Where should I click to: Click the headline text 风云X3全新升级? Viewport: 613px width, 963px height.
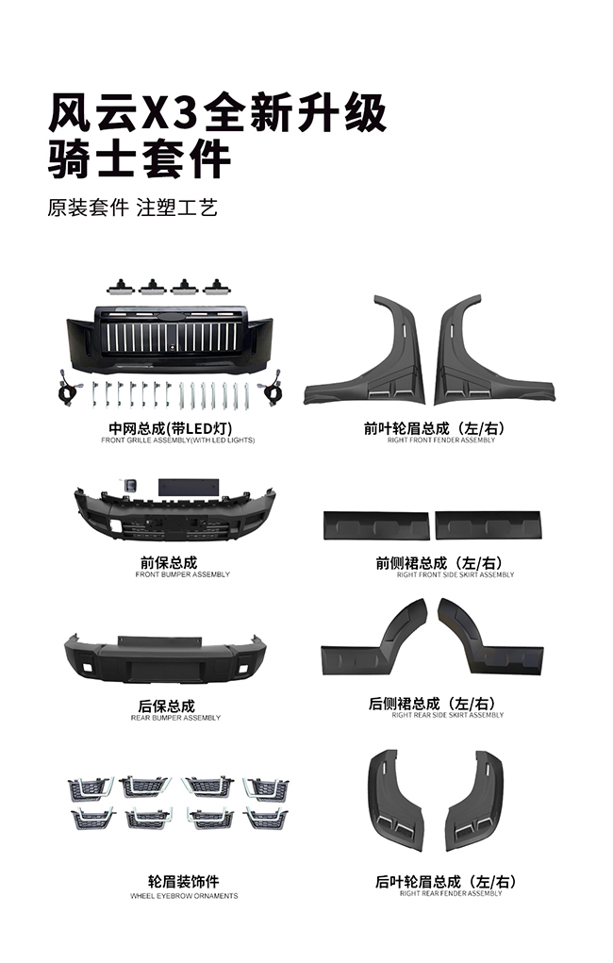218,113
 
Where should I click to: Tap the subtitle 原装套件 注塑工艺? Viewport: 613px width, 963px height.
133,208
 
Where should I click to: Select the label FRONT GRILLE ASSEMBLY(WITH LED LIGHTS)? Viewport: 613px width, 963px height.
178,440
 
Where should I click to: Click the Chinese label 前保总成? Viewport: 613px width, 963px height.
169,562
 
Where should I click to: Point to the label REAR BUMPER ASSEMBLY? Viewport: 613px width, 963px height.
175,718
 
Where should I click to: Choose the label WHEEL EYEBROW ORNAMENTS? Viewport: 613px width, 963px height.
184,896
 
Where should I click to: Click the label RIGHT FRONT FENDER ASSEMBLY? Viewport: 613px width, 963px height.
441,440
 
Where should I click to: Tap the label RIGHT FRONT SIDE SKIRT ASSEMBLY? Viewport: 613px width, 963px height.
456,574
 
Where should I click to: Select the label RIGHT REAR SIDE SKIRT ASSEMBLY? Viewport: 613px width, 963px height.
448,715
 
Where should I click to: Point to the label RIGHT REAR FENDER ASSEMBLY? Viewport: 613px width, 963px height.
451,893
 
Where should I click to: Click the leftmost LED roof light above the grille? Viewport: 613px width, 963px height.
120,287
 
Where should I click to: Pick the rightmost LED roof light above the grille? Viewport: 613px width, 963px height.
216,287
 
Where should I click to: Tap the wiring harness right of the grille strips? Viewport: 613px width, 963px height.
271,389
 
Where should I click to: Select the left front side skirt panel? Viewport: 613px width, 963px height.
376,525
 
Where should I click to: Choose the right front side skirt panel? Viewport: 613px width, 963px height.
489,525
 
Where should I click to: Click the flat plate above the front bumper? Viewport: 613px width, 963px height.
188,488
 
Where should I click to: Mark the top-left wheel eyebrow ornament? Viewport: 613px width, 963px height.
91,789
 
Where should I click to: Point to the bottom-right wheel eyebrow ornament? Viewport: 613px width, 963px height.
265,819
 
